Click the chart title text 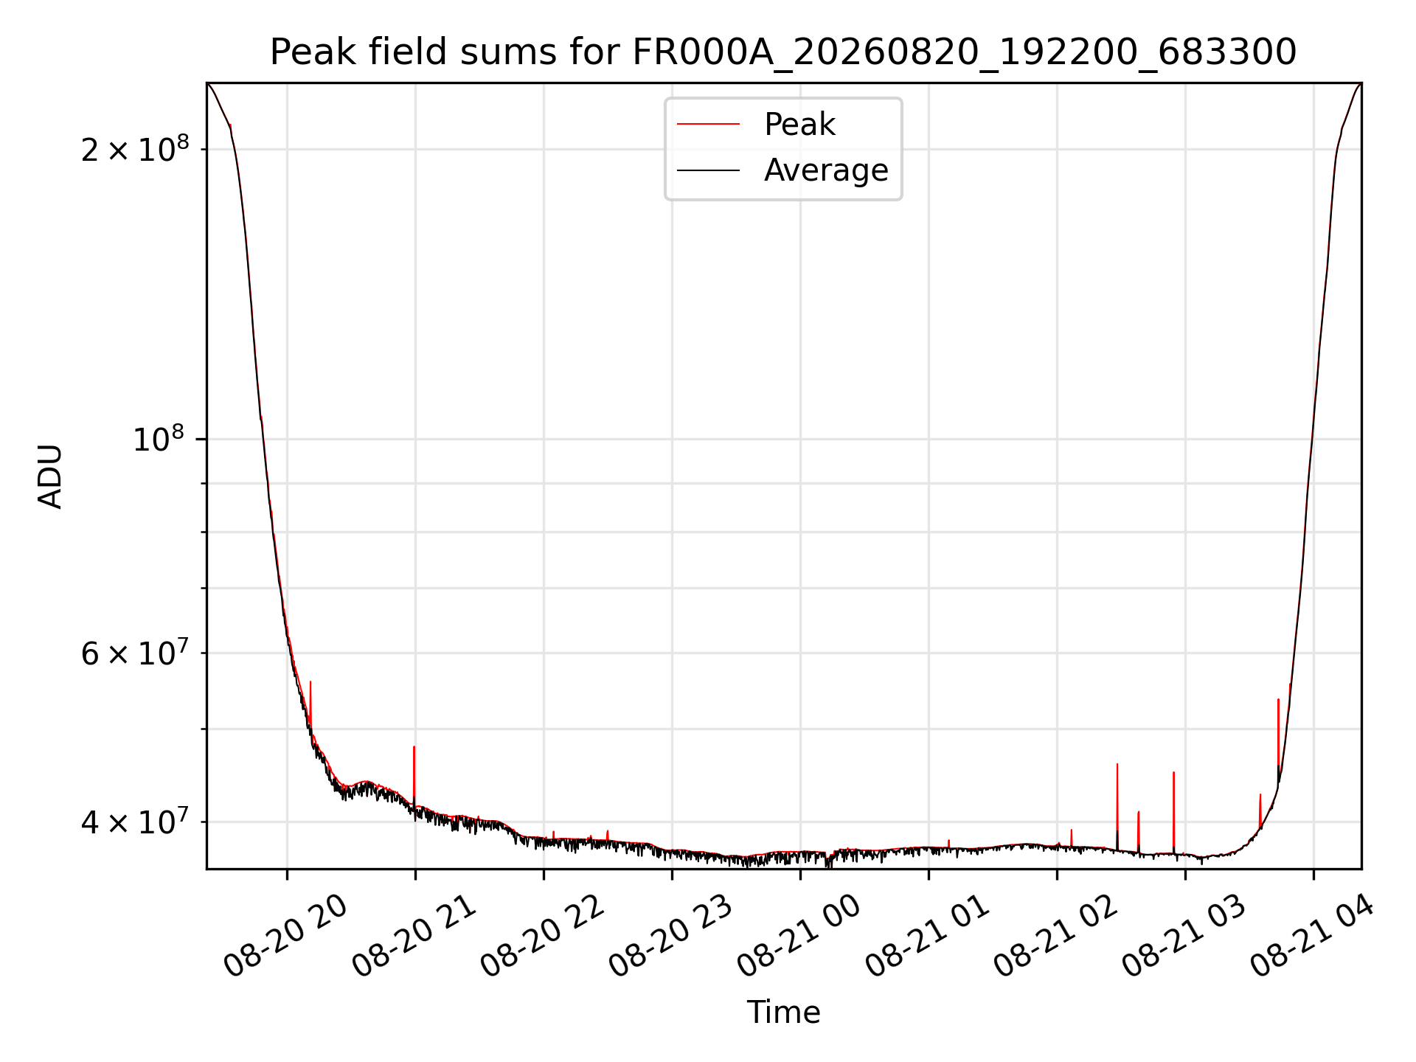[x=783, y=52]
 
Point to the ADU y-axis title [x=50, y=476]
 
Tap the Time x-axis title [x=783, y=1012]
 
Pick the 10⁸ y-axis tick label [x=158, y=439]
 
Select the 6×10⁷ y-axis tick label [x=134, y=653]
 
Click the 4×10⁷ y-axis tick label [x=134, y=821]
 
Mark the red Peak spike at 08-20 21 [x=414, y=774]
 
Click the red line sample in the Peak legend [x=708, y=125]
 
